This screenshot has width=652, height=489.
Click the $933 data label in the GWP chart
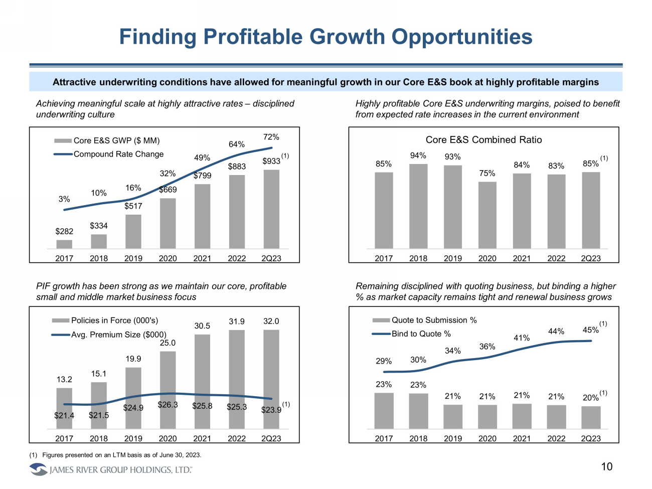(x=271, y=161)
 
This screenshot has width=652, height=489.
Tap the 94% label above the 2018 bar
(x=418, y=155)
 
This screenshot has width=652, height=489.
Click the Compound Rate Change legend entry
(x=118, y=154)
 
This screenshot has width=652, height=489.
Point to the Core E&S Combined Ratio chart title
(x=483, y=140)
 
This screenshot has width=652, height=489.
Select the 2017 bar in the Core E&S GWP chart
(x=64, y=244)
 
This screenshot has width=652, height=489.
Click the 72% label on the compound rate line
(x=271, y=137)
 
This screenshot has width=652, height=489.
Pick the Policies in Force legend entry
(x=114, y=320)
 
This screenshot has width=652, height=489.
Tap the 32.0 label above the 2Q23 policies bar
(x=271, y=321)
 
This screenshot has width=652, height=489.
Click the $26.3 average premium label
(x=168, y=405)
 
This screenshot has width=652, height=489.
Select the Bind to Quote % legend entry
(x=421, y=334)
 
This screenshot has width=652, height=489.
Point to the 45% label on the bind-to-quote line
(x=590, y=330)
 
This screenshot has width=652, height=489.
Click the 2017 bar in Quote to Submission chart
(x=384, y=411)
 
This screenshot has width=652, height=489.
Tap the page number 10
(x=607, y=467)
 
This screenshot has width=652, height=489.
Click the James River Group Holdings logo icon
(x=38, y=469)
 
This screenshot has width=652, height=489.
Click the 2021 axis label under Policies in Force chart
(x=202, y=438)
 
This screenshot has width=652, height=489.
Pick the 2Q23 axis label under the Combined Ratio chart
(x=591, y=258)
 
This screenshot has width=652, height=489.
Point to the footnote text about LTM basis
(x=121, y=455)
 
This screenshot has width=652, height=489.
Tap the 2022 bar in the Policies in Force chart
(x=237, y=379)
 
